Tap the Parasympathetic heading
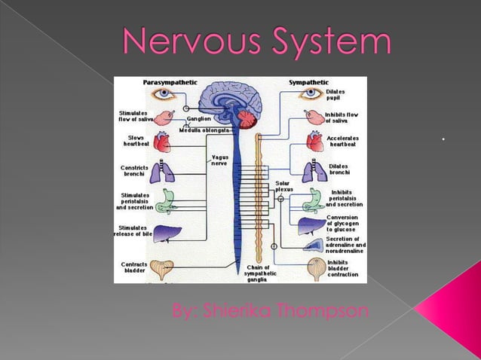(167, 81)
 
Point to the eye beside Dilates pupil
(311, 95)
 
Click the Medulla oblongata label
(201, 130)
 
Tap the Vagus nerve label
(219, 160)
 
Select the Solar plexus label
(284, 186)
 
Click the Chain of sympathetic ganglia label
(262, 273)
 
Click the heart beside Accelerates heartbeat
(314, 141)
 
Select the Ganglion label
(199, 118)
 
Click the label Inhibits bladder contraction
(343, 269)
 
